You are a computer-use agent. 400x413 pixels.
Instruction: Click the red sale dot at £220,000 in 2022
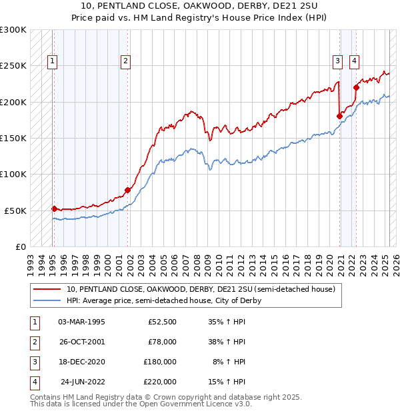357,87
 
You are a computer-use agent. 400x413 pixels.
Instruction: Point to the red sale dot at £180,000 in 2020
339,116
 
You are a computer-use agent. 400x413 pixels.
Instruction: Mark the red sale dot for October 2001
128,190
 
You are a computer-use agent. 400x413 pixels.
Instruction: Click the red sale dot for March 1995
54,208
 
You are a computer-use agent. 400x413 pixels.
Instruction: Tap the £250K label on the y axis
13,66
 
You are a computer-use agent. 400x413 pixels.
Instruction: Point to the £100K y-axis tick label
13,174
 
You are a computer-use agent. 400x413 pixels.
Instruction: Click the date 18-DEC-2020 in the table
81,362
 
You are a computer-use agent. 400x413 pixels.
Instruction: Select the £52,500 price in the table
162,322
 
